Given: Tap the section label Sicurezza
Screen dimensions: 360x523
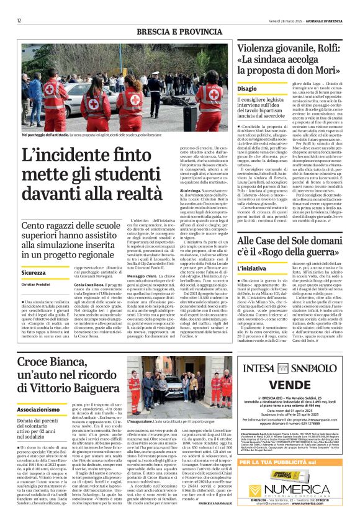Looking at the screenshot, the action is (34, 272).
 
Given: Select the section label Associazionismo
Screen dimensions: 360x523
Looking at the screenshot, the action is (38, 393).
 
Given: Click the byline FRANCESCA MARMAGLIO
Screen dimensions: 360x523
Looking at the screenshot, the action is (211, 503).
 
